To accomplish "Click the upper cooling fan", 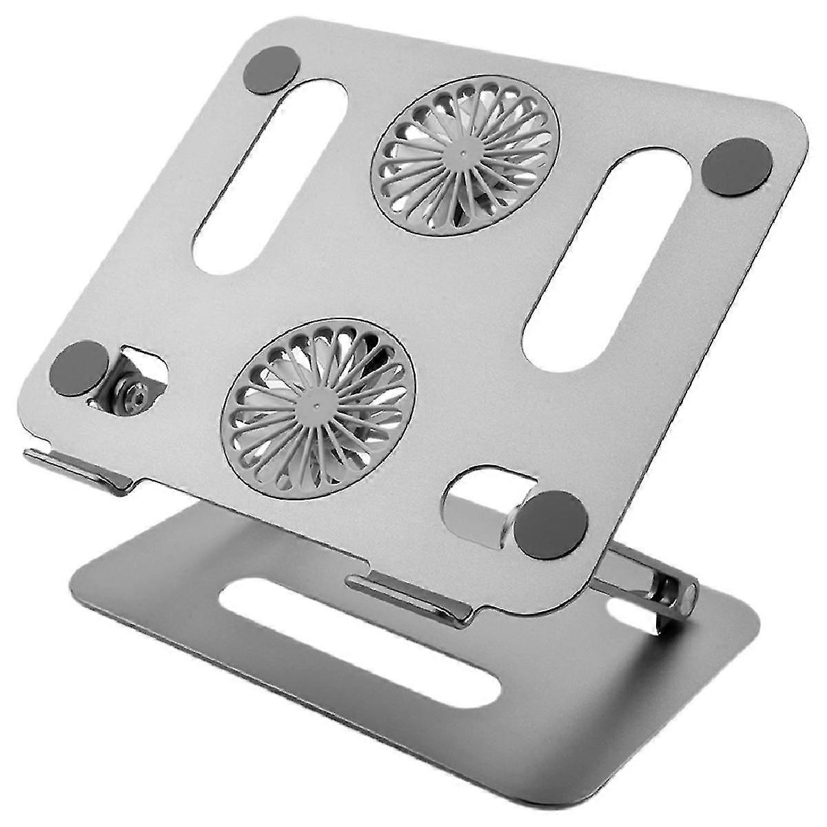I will click(465, 155).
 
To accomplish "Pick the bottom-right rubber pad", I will click(551, 524).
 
